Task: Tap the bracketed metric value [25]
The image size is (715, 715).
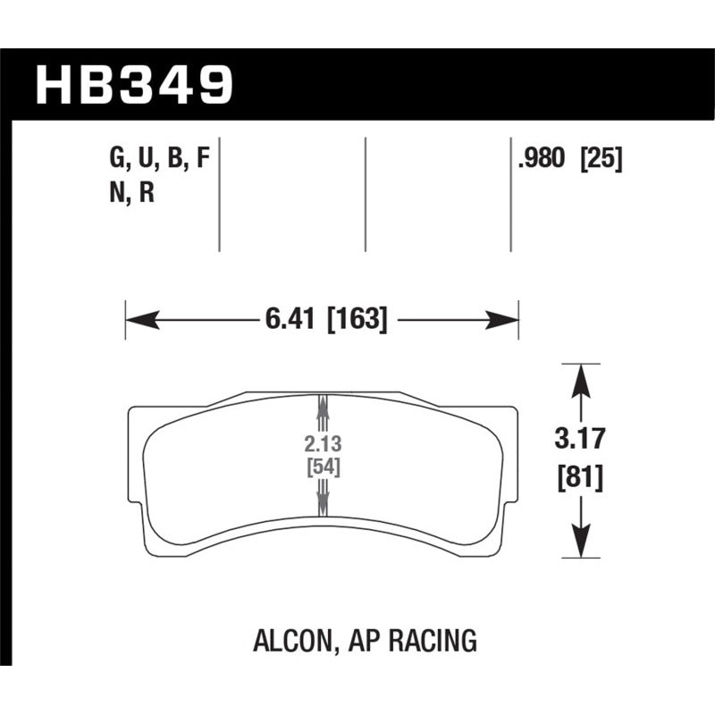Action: (x=601, y=159)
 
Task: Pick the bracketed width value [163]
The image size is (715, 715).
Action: (x=357, y=319)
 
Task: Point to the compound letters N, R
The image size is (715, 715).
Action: (x=132, y=193)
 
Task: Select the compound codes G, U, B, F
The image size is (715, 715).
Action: (x=159, y=159)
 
